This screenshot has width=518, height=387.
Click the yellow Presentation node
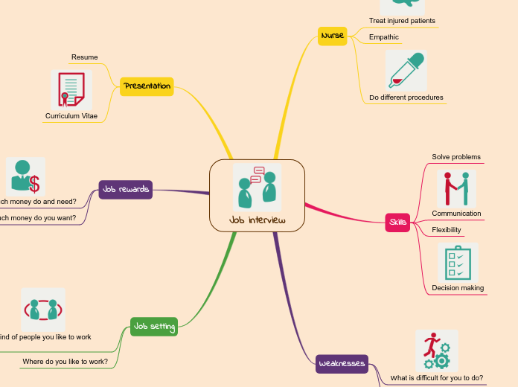(147, 86)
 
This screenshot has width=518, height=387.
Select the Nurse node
(332, 36)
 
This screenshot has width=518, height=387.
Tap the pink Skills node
(397, 223)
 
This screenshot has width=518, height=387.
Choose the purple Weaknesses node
(342, 363)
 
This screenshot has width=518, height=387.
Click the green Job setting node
(153, 327)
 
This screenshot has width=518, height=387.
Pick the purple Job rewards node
(126, 190)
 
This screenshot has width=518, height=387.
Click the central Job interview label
(257, 220)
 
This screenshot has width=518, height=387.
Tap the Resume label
(84, 57)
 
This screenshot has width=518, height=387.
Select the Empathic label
(384, 37)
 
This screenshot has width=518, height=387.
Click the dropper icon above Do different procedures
(406, 71)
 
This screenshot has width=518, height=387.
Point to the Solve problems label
(456, 157)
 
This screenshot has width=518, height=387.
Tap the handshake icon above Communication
(456, 188)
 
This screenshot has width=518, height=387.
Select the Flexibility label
(447, 230)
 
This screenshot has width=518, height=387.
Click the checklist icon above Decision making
(457, 262)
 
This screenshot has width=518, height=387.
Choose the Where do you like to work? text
(65, 362)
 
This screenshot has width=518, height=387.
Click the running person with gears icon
(436, 351)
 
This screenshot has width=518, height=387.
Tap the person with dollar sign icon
(25, 176)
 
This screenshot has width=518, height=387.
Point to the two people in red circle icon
(43, 309)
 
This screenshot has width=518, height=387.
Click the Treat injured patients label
(402, 21)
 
